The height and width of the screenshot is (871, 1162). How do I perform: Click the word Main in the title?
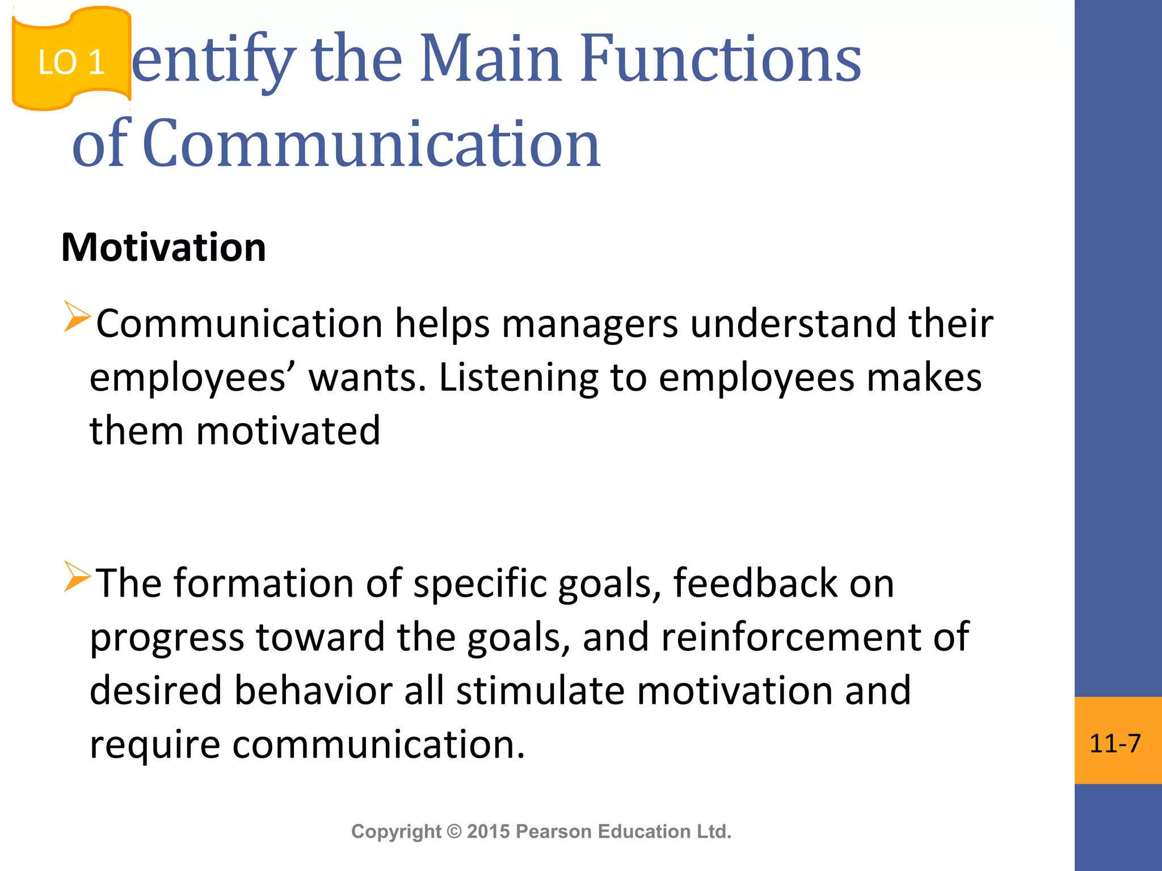[491, 59]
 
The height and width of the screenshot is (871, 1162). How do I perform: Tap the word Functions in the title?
[721, 59]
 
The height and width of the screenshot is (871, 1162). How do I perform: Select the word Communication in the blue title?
[372, 144]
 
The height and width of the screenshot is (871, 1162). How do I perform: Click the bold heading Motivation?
[163, 248]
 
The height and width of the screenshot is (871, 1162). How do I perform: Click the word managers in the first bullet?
[590, 324]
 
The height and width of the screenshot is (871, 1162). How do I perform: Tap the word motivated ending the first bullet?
[288, 431]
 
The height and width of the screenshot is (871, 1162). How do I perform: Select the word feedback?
[755, 584]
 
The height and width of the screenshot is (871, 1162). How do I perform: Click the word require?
[155, 745]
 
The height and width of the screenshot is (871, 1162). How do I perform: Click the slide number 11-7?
[1115, 743]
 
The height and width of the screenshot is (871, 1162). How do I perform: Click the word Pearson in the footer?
[554, 832]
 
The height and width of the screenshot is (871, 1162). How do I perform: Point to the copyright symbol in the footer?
[454, 832]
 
